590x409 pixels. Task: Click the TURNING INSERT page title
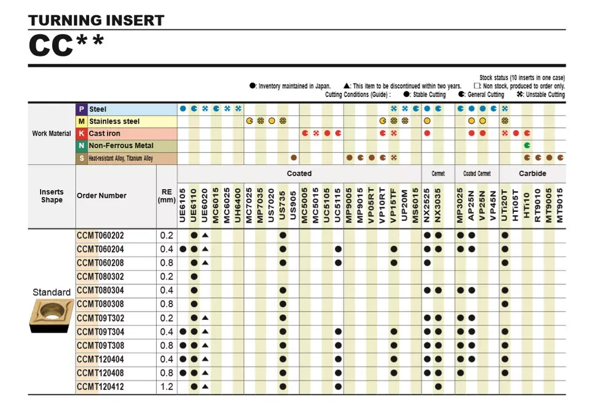pyautogui.click(x=96, y=20)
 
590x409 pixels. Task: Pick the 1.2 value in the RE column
pyautogui.click(x=167, y=387)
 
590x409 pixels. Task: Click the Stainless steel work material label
pyautogui.click(x=114, y=122)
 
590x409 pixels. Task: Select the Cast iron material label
pyautogui.click(x=104, y=133)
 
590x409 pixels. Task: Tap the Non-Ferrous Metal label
pyautogui.click(x=121, y=146)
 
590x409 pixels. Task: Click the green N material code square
pyautogui.click(x=81, y=146)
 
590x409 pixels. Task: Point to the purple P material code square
pyautogui.click(x=81, y=109)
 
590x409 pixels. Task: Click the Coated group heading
pyautogui.click(x=299, y=174)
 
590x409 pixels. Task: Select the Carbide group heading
pyautogui.click(x=532, y=174)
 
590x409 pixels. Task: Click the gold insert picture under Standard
pyautogui.click(x=52, y=316)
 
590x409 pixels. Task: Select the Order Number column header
pyautogui.click(x=101, y=196)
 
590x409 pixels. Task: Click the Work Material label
pyautogui.click(x=52, y=133)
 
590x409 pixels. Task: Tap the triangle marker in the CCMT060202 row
pyautogui.click(x=205, y=235)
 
